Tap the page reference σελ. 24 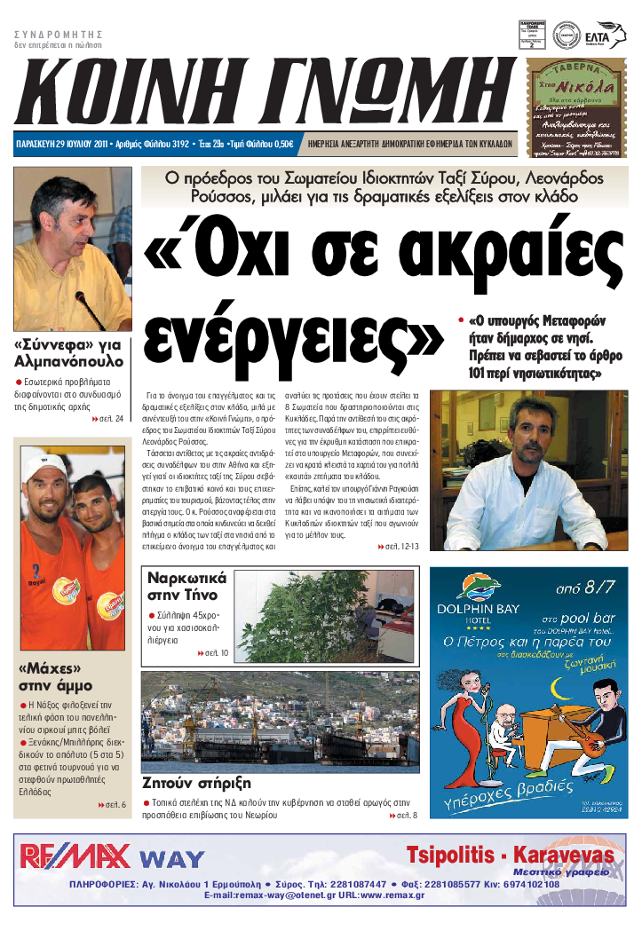[x=108, y=419]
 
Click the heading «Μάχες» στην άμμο [x=60, y=677]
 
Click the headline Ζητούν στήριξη [x=196, y=783]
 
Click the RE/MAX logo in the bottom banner [x=75, y=856]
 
